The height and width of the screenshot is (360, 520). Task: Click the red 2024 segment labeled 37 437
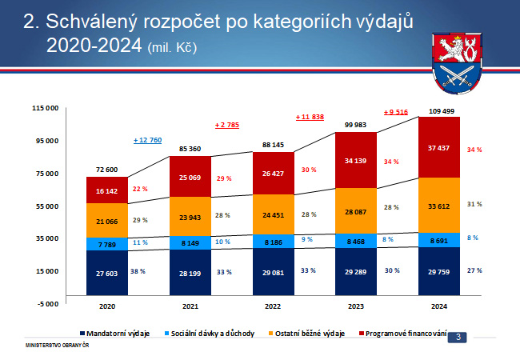(x=439, y=147)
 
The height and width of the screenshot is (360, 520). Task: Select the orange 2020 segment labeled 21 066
(x=107, y=221)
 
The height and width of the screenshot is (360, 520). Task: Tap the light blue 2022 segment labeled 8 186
(x=274, y=242)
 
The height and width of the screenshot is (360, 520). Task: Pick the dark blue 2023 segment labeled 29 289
(x=356, y=271)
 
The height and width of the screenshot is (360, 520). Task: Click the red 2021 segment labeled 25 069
(x=190, y=177)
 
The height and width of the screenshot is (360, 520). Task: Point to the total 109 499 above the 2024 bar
(x=442, y=111)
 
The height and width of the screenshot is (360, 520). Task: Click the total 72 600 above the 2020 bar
(x=106, y=170)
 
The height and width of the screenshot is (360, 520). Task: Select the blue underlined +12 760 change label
(x=147, y=140)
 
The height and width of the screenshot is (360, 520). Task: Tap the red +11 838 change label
(x=310, y=117)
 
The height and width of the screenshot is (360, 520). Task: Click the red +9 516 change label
(x=396, y=112)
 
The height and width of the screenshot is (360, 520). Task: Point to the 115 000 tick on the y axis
(x=45, y=108)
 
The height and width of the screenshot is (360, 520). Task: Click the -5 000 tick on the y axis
(x=48, y=304)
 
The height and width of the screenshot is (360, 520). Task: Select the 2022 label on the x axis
(x=273, y=306)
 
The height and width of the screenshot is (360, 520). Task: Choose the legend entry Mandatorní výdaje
(x=114, y=334)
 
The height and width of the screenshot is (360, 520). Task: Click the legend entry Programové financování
(x=403, y=334)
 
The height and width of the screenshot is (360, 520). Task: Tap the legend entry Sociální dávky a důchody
(x=210, y=334)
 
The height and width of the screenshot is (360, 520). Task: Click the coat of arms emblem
(x=457, y=63)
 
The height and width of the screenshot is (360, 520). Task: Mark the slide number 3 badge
(x=458, y=338)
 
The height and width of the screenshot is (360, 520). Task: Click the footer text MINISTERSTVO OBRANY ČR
(x=57, y=346)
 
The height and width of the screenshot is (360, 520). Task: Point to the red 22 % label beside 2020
(x=140, y=189)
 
